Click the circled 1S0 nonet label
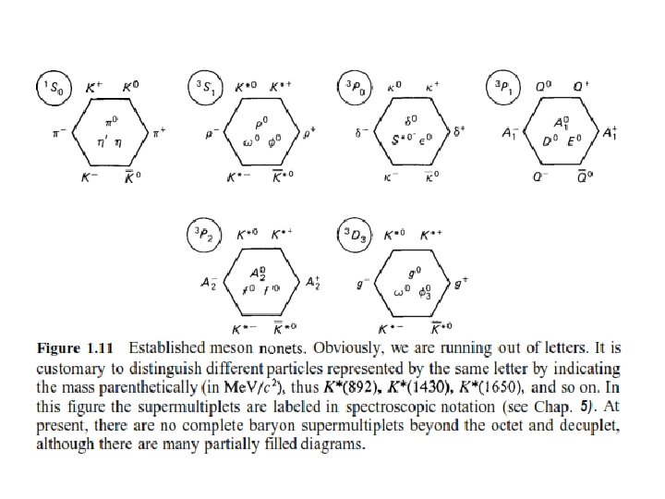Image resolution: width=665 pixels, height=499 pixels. click(x=50, y=88)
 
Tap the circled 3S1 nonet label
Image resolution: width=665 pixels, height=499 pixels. click(x=201, y=88)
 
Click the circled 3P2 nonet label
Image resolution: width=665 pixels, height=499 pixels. click(x=202, y=237)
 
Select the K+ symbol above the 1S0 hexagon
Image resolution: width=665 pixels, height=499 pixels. click(x=93, y=89)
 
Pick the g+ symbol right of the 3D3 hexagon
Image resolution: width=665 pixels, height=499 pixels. click(x=461, y=283)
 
